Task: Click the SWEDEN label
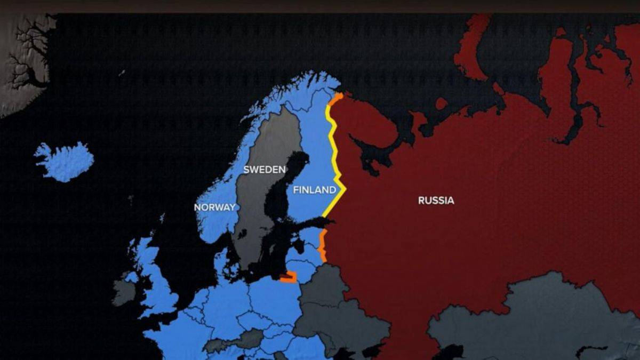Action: click(x=265, y=170)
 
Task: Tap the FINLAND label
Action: click(x=315, y=190)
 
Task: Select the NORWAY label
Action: click(x=215, y=207)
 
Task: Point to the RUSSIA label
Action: click(x=436, y=201)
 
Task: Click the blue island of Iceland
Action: click(x=64, y=161)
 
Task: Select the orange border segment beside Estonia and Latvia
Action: click(x=322, y=245)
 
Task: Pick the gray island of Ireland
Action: click(x=124, y=292)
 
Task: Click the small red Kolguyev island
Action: click(x=441, y=103)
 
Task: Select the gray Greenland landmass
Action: click(x=24, y=59)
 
